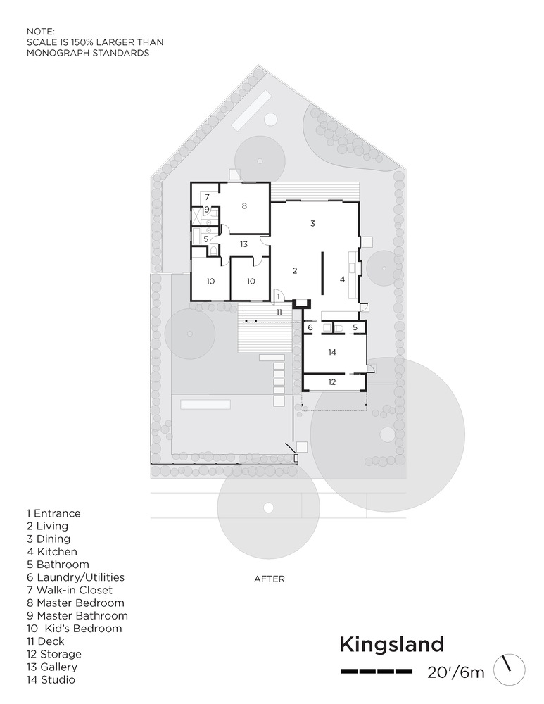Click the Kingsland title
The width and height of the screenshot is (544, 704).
[392, 645]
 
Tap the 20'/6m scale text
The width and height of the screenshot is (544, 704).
[456, 672]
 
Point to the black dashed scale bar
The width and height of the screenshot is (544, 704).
[376, 672]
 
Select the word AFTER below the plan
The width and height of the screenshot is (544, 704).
[270, 579]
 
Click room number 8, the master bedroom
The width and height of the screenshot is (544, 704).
[244, 206]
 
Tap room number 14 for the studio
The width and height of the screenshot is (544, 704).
[332, 352]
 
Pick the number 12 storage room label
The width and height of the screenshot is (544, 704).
[332, 382]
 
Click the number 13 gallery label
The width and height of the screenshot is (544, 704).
[243, 244]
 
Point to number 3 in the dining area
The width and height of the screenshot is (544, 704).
[313, 223]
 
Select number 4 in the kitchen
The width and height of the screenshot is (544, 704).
[343, 279]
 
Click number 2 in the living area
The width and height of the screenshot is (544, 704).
[295, 270]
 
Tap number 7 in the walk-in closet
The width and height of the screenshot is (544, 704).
[208, 196]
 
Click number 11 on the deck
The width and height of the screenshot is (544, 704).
[279, 312]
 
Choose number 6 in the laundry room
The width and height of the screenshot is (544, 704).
[310, 327]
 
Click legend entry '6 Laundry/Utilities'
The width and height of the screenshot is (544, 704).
[75, 577]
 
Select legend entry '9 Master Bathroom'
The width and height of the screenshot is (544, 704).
[77, 615]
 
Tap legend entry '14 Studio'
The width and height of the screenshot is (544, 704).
[51, 680]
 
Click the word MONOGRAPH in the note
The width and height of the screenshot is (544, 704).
[58, 53]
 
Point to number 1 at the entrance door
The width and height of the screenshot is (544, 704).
[279, 296]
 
